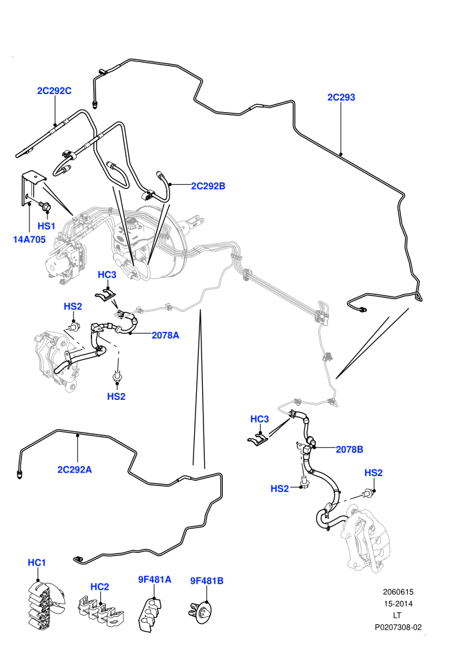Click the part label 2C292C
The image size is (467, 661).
coord(54,91)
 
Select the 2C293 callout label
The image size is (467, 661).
coord(341,97)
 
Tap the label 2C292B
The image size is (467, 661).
coord(208,186)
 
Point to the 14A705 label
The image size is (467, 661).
coord(29,240)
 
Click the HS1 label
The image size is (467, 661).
coord(46,226)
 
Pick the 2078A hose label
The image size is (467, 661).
coord(165,335)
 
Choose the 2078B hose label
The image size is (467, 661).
coord(350,449)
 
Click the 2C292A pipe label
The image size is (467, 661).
coord(75,469)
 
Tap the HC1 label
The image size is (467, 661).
coord(37,562)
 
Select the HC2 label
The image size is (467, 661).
coord(100,586)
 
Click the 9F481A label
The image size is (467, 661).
coord(155,580)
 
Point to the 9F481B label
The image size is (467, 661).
coord(207,580)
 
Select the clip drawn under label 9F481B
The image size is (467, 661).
coord(199,611)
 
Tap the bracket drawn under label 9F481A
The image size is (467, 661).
coord(150,614)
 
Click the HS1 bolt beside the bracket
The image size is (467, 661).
coord(44,206)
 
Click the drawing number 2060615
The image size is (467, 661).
coord(398,592)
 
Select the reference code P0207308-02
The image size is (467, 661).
coord(398,627)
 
